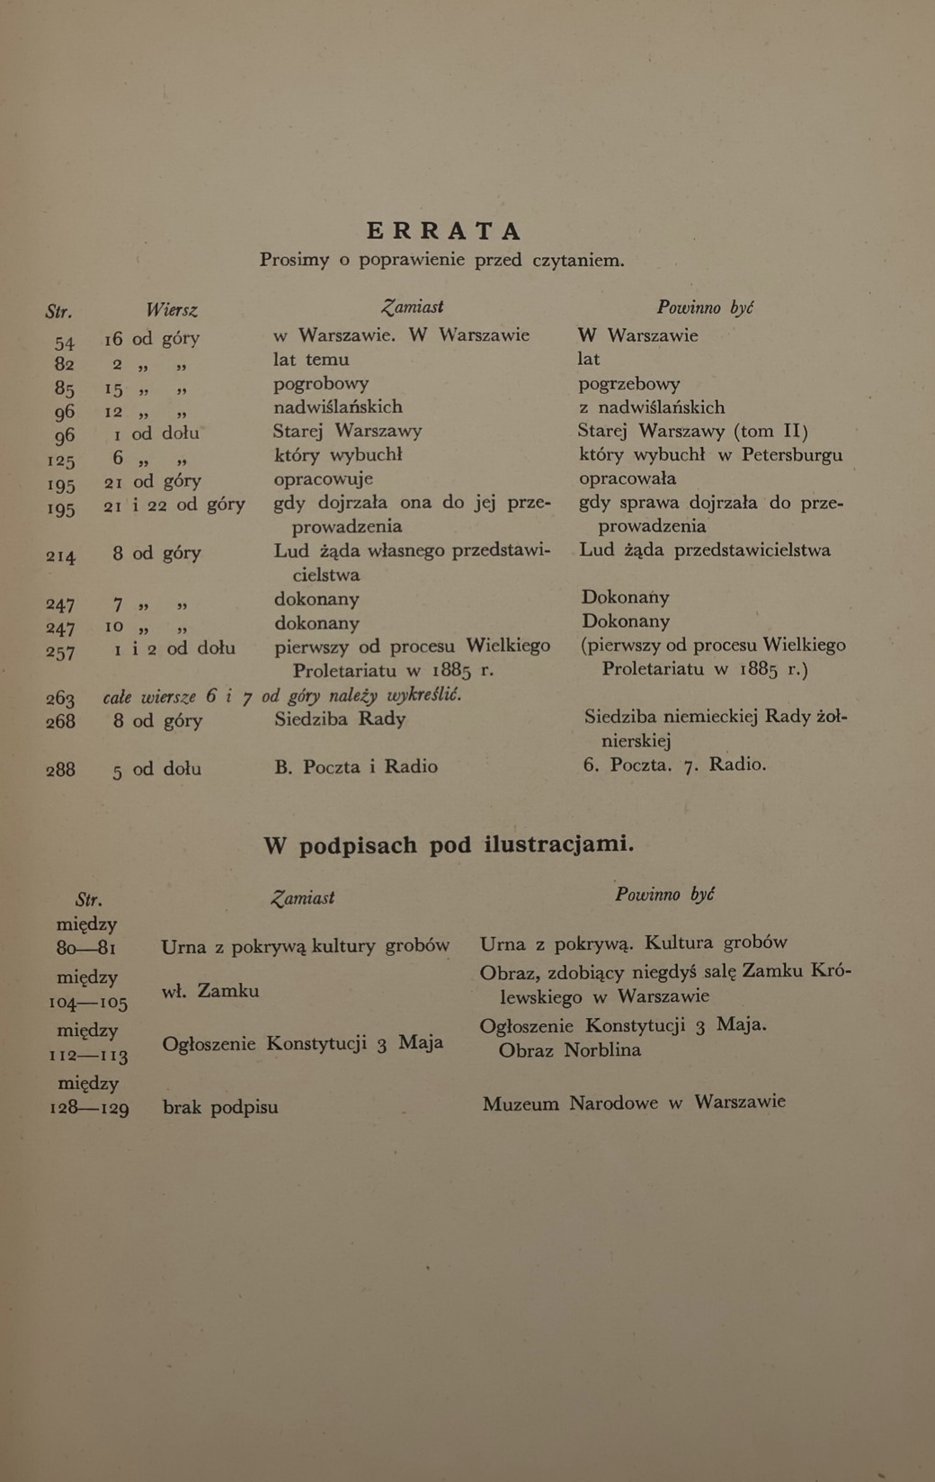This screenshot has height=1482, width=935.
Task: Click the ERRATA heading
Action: click(444, 231)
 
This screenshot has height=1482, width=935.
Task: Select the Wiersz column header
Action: click(171, 310)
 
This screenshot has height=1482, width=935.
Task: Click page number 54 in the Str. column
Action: click(64, 343)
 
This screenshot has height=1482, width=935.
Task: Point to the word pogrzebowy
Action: click(628, 384)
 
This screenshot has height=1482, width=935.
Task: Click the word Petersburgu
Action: click(792, 455)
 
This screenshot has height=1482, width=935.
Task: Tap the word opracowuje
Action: click(323, 479)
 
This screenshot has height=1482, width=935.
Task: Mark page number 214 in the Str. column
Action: click(60, 557)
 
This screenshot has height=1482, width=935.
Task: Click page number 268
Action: click(60, 721)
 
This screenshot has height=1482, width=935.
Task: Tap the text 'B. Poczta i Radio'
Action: click(356, 767)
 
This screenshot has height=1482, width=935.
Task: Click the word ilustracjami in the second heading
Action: click(558, 844)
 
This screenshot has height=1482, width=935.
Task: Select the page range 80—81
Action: click(86, 949)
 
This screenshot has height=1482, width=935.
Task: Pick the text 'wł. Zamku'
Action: click(210, 991)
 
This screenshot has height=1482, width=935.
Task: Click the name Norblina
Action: click(602, 1050)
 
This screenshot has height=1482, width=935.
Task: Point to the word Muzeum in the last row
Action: click(521, 1104)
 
